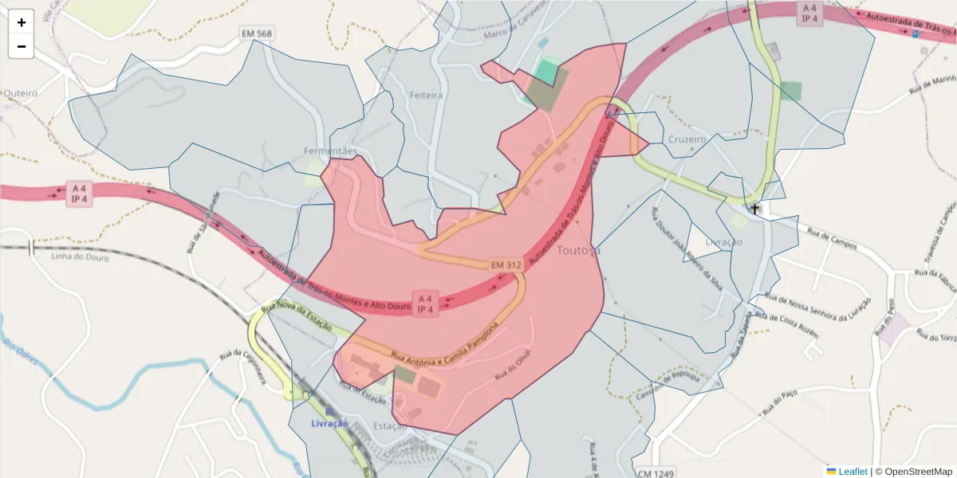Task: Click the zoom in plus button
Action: click(22, 22)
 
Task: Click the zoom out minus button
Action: click(22, 46)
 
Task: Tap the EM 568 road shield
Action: click(257, 33)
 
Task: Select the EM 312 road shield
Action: click(506, 264)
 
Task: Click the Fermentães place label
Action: click(330, 151)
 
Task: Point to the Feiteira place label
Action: click(426, 95)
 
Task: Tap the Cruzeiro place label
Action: click(687, 139)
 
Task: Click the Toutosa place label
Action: click(580, 250)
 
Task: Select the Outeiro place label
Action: click(21, 93)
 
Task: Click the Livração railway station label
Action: click(329, 423)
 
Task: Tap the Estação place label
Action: click(391, 426)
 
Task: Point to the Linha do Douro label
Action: click(78, 257)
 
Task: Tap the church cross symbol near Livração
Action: click(754, 209)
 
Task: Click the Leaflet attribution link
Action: click(852, 472)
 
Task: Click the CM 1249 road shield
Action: click(656, 472)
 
